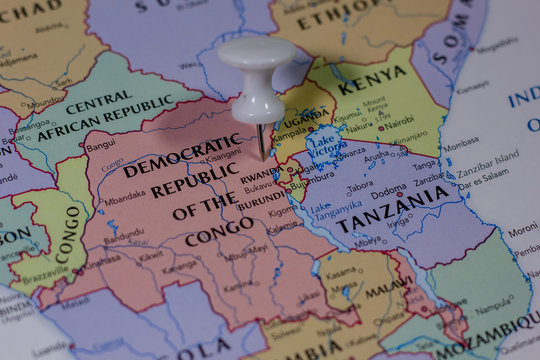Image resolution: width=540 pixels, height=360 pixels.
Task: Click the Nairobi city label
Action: pyautogui.click(x=397, y=121)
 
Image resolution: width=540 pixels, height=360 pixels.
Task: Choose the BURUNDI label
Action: pyautogui.click(x=263, y=199)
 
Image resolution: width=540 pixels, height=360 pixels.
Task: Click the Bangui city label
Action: pyautogui.click(x=100, y=144)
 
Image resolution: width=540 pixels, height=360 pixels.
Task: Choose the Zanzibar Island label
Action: pyautogui.click(x=489, y=157)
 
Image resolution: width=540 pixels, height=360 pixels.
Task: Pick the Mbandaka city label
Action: pyautogui.click(x=124, y=200)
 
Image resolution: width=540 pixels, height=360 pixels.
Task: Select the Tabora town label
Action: pyautogui.click(x=359, y=185)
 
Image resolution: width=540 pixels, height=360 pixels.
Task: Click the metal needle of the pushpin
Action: pyautogui.click(x=260, y=140)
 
